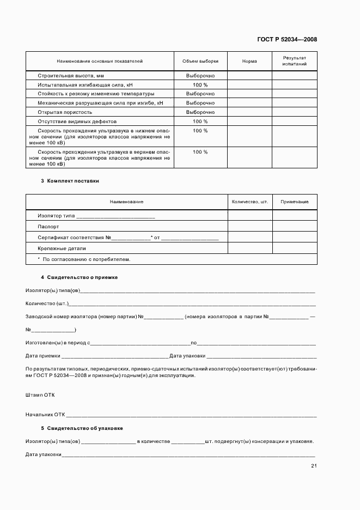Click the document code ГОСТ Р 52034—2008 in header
point(286,39)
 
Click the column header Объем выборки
point(200,61)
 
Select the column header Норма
point(249,61)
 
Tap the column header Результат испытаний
point(294,61)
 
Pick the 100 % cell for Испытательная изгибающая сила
point(200,85)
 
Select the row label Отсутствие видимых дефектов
point(77,121)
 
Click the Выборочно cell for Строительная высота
point(200,76)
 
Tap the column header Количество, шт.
point(249,202)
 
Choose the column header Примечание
point(294,202)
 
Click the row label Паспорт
point(48,227)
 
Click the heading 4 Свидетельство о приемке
point(79,277)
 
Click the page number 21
point(314,465)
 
